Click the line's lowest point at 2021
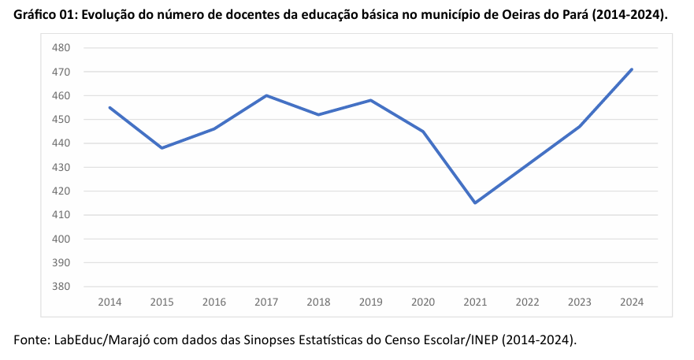[x=475, y=203]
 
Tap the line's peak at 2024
[x=632, y=69]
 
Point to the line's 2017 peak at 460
[x=266, y=95]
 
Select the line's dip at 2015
[x=161, y=148]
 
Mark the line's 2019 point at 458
[x=370, y=100]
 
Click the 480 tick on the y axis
[x=62, y=48]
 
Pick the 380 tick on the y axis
[x=62, y=287]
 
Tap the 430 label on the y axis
[x=62, y=167]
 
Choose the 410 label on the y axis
[x=62, y=215]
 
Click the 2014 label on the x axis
[x=109, y=302]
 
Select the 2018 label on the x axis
[x=318, y=302]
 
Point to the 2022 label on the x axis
[x=527, y=302]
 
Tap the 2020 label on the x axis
[x=423, y=302]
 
